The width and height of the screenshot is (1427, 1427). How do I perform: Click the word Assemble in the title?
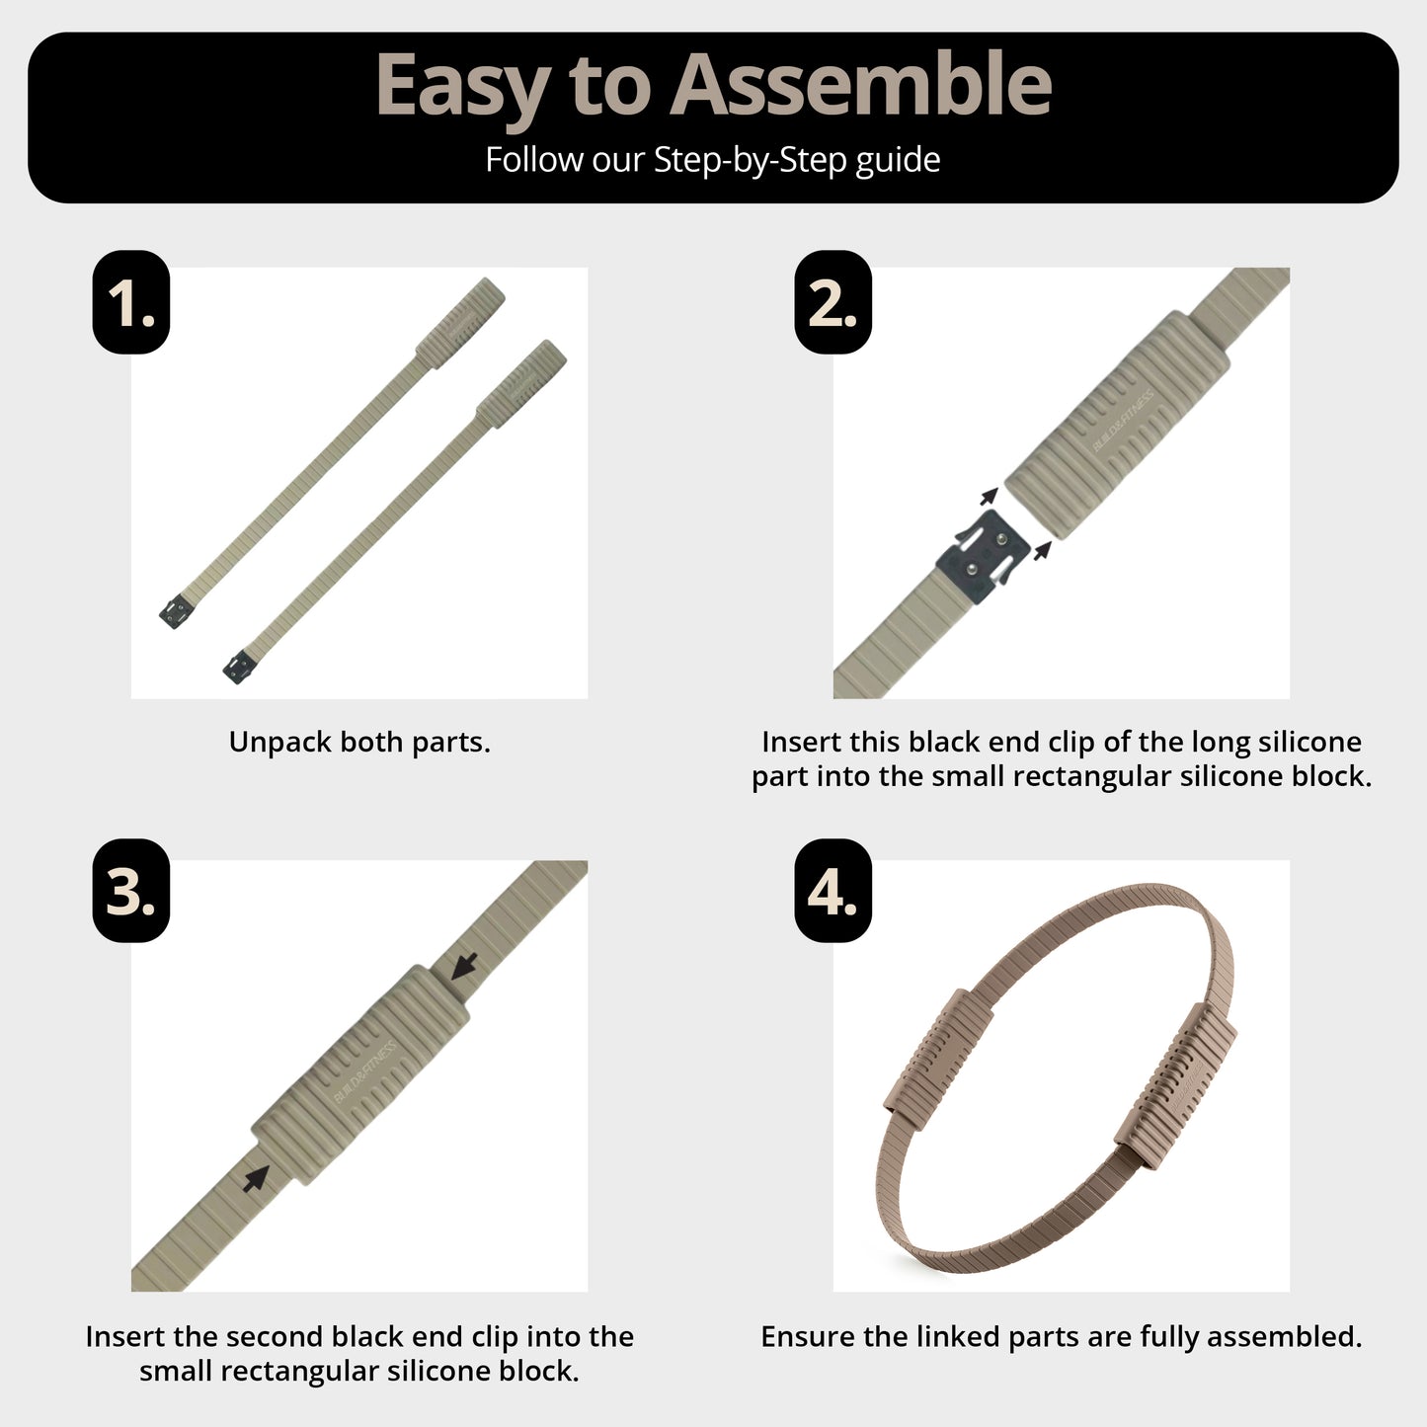pyautogui.click(x=860, y=85)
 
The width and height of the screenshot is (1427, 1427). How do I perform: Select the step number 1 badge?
pyautogui.click(x=131, y=302)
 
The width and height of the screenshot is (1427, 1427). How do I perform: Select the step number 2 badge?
pyautogui.click(x=833, y=302)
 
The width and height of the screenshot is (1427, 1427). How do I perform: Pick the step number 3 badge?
pyautogui.click(x=131, y=890)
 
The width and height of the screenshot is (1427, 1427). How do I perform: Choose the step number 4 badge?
pyautogui.click(x=833, y=890)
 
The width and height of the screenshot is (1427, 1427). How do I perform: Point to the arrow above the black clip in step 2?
pyautogui.click(x=990, y=496)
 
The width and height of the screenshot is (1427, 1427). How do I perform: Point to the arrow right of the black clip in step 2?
pyautogui.click(x=1043, y=550)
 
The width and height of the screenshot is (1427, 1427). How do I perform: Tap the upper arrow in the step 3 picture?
pyautogui.click(x=464, y=965)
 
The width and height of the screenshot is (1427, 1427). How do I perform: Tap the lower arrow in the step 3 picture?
pyautogui.click(x=256, y=1177)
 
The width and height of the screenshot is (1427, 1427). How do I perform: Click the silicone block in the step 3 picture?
pyautogui.click(x=360, y=1074)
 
